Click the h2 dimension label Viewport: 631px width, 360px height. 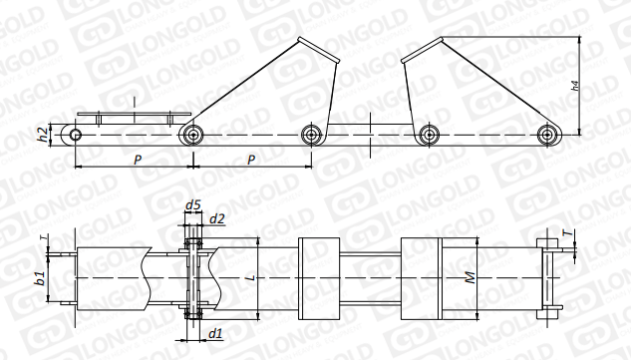coord(44,134)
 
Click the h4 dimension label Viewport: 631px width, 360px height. coord(575,86)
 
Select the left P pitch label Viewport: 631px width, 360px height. coord(138,160)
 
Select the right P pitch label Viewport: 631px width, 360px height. coord(251,160)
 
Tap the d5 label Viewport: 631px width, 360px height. coord(192,205)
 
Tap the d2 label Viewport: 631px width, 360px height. coord(217,219)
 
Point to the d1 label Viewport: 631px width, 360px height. coord(215,333)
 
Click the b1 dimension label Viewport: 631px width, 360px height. coord(41,278)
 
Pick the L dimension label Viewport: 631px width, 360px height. coord(251,277)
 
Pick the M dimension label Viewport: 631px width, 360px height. coord(470,277)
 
